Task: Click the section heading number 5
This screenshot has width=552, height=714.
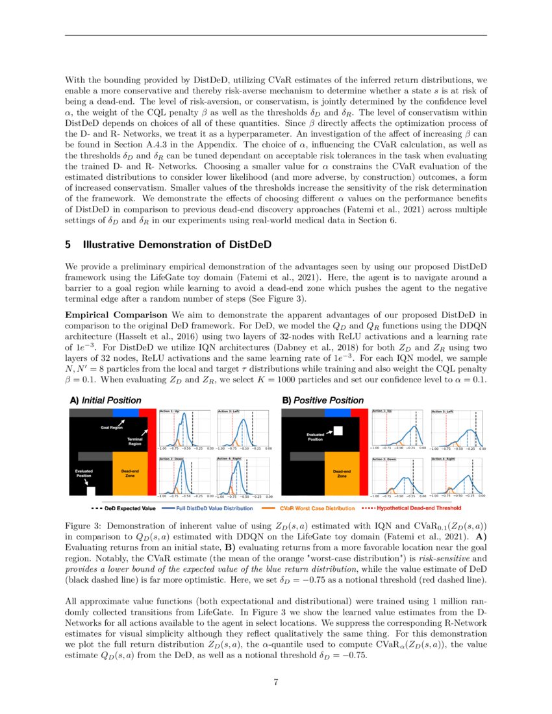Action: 68,245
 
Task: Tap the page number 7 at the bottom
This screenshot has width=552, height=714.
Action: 276,681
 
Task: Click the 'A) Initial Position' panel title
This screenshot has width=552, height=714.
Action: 105,400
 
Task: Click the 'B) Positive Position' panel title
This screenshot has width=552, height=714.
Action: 323,400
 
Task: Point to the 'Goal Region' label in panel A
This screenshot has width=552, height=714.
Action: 111,428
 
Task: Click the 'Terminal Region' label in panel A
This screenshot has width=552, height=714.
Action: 134,441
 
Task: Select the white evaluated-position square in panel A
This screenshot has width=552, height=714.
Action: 91,491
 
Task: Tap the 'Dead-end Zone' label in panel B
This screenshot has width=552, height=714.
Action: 342,473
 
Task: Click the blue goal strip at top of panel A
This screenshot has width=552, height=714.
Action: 125,412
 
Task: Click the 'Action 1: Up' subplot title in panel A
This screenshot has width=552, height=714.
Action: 171,412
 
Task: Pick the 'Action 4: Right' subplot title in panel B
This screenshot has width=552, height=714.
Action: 444,459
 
